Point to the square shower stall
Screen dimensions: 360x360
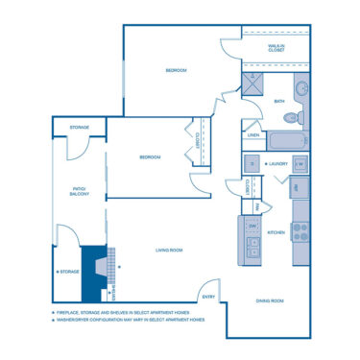pos(253,85)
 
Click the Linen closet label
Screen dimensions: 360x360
pos(253,135)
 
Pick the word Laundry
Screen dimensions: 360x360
pos(279,163)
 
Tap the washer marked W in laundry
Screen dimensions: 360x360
pos(300,164)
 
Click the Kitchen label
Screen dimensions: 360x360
pos(276,232)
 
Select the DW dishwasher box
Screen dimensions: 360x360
pos(254,227)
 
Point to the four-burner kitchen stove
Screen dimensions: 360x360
pos(300,231)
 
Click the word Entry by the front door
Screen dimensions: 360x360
pos(208,281)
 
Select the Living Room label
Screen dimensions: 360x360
pos(169,251)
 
